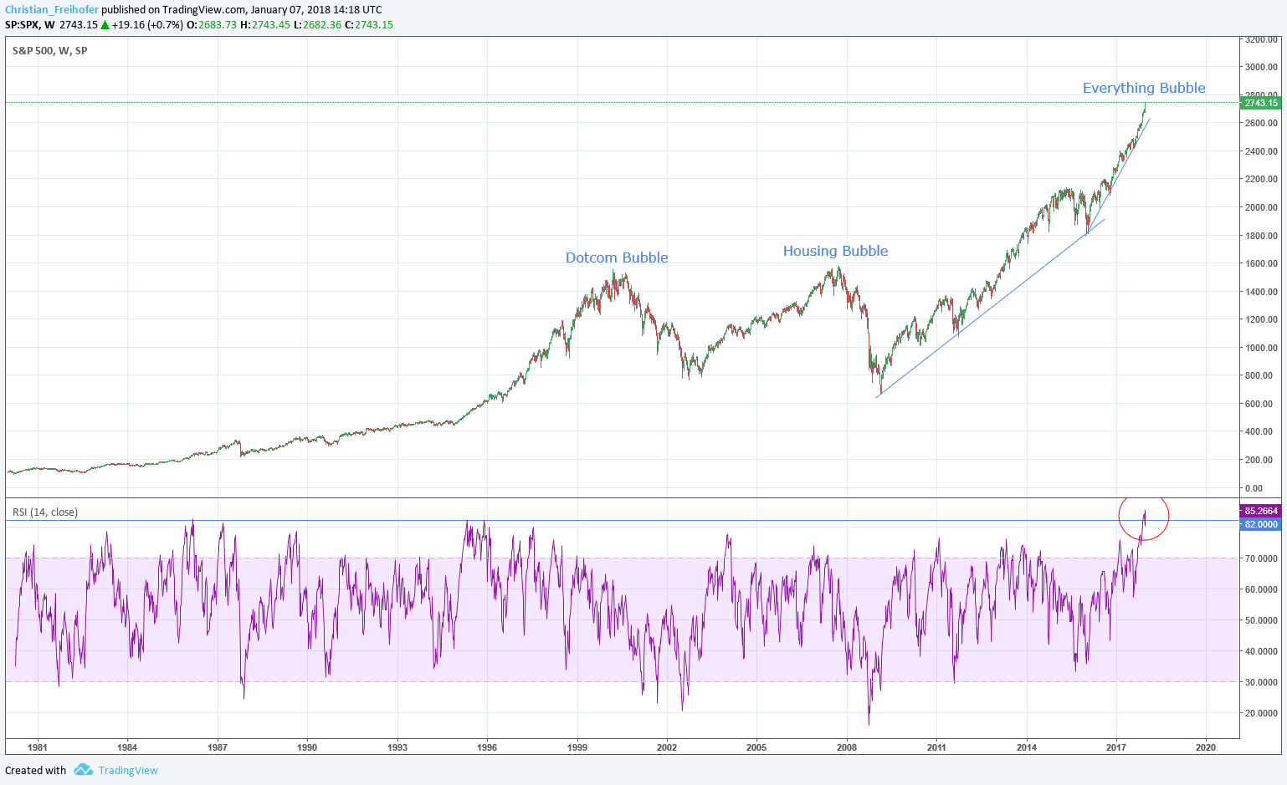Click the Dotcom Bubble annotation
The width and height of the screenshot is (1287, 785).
point(617,257)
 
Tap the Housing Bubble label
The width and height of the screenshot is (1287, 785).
point(835,251)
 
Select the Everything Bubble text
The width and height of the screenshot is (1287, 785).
point(1144,88)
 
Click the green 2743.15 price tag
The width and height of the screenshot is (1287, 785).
point(1260,103)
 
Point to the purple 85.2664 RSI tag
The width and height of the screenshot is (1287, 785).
point(1260,511)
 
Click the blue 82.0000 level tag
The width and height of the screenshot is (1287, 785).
point(1260,524)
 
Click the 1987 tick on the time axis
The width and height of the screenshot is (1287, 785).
point(218,747)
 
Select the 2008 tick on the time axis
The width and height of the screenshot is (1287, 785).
point(847,747)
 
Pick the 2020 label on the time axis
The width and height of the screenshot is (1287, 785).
point(1206,747)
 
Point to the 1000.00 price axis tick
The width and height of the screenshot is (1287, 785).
point(1261,348)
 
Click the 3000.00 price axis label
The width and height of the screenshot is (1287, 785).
point(1261,67)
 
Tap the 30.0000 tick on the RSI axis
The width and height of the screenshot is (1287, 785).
point(1261,682)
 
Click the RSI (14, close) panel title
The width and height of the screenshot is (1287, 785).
point(45,512)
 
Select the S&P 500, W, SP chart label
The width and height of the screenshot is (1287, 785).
point(50,51)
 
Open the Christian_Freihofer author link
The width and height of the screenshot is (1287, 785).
point(52,10)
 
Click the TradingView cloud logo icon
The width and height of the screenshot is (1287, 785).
point(83,770)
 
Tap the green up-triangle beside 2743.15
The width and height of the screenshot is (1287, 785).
point(105,25)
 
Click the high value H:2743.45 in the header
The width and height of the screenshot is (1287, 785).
point(265,25)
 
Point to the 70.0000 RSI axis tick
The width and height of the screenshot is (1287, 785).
point(1261,558)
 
